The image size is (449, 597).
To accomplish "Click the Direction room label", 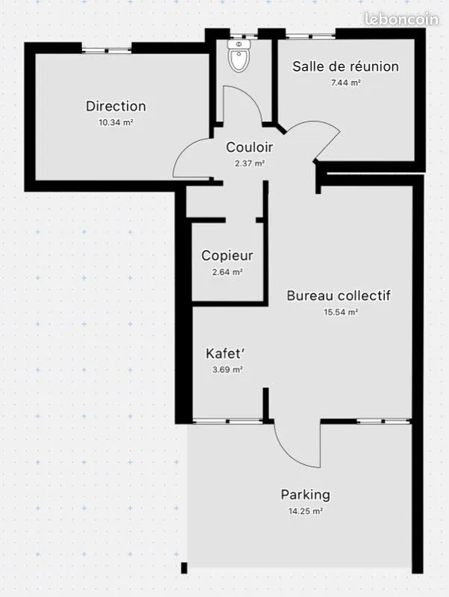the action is [x=116, y=106].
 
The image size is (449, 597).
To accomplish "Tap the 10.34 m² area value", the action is [x=116, y=122].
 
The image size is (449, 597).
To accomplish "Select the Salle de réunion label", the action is [x=345, y=66].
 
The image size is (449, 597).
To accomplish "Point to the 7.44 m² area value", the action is [x=345, y=83].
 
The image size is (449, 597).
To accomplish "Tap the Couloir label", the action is [x=249, y=147].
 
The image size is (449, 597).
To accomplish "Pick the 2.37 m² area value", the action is [x=249, y=163].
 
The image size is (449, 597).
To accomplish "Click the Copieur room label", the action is [x=227, y=255].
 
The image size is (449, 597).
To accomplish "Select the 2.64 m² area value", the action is [x=227, y=272].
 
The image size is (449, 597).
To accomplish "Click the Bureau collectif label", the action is [x=339, y=296].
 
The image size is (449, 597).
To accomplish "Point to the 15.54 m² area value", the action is [x=341, y=312].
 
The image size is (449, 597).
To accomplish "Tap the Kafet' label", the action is [x=224, y=353].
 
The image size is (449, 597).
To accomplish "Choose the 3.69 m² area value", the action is [x=227, y=369].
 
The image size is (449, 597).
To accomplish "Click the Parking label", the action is [x=305, y=495].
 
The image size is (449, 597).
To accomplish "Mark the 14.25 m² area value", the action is [x=306, y=511].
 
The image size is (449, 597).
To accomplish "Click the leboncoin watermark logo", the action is [x=401, y=19].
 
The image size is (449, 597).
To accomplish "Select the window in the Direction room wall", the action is [x=107, y=50].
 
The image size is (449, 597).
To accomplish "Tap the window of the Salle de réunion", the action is [x=311, y=37].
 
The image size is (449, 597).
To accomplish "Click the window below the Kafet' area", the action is [x=227, y=421].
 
